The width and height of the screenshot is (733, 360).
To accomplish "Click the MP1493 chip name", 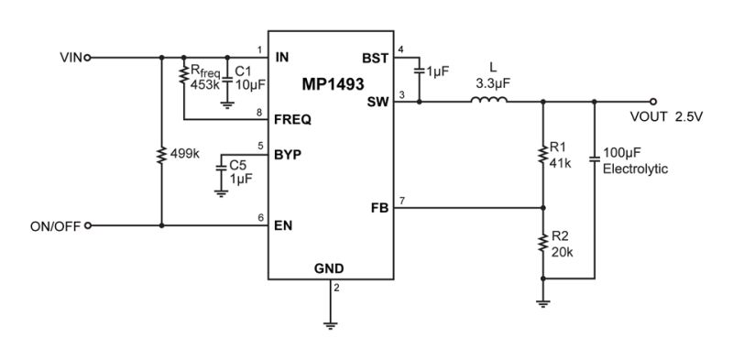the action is point(333,84).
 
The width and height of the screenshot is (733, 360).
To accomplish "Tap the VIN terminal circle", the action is point(87,58).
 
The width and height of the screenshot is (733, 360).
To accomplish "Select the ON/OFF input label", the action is point(55,226).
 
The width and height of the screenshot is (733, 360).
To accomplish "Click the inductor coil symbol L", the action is point(488,99).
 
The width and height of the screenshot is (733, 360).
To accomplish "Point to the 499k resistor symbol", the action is point(162,155).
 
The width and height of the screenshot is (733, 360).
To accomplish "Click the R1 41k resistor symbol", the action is point(542,154).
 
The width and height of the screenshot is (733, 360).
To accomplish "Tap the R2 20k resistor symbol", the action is point(542,243).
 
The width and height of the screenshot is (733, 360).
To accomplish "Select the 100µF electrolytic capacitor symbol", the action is point(594,158).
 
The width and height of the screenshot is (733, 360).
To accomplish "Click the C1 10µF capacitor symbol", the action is point(227,81).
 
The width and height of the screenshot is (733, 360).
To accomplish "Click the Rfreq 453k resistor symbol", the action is point(184,76).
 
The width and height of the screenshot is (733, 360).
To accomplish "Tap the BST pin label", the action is point(375,59).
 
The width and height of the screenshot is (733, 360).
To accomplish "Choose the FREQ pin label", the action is point(292,120).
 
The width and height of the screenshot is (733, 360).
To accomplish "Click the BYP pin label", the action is point(288,155).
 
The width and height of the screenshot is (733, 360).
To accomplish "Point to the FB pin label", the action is point(379,209).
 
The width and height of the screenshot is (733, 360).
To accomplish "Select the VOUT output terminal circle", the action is point(653,102).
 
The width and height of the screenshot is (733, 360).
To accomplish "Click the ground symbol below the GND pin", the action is point(331,325).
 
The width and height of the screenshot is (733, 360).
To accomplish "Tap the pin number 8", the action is point(260,112).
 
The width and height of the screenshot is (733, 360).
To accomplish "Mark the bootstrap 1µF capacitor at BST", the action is point(419,71).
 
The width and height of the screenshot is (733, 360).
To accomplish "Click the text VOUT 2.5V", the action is point(666,117).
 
